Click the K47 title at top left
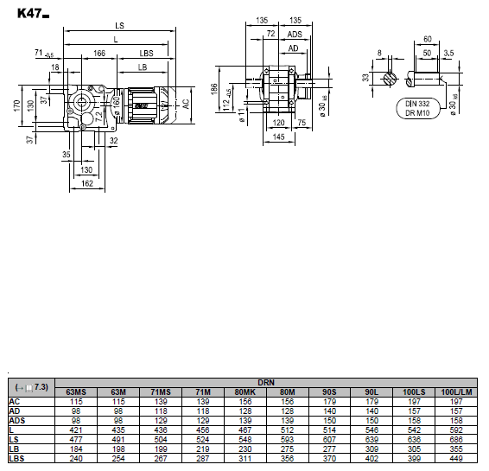[x=33, y=14]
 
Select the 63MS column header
[x=76, y=392]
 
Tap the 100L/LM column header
[x=456, y=392]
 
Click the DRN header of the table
[x=266, y=382]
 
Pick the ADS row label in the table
[x=17, y=421]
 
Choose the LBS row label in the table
[x=16, y=459]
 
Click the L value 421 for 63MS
[x=76, y=430]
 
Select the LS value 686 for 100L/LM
[x=456, y=440]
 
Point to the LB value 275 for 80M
[x=287, y=449]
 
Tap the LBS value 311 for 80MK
[x=244, y=459]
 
